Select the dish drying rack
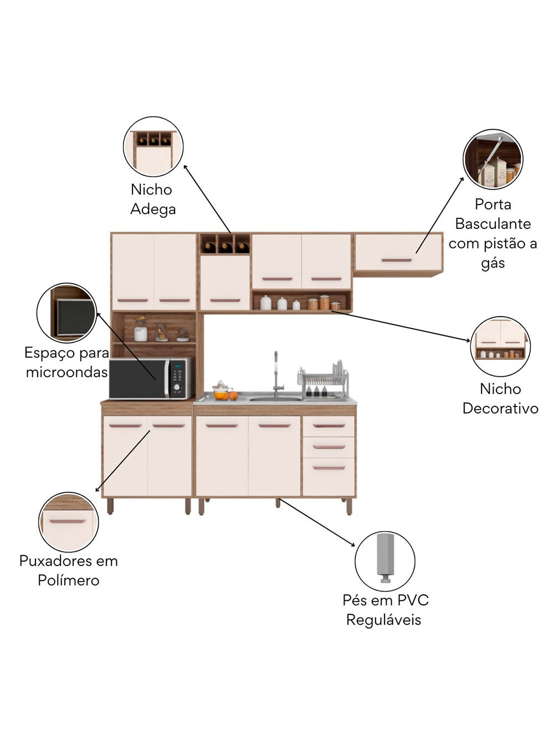point(324,381)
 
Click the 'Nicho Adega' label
point(152,199)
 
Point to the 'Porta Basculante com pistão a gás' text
point(493,233)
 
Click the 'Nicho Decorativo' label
point(500,399)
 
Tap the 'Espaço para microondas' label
point(66,362)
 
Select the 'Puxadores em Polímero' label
point(69,570)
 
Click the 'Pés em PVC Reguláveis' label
point(385,610)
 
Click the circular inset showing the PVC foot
point(385,561)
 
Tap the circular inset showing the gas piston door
point(493,160)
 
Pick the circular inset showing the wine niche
point(153,146)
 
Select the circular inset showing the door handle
point(69,522)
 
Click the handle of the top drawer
point(329,426)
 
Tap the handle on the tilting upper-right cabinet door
point(397,260)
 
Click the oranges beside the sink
point(228,395)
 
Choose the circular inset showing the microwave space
point(66,313)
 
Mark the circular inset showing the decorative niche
point(500,346)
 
